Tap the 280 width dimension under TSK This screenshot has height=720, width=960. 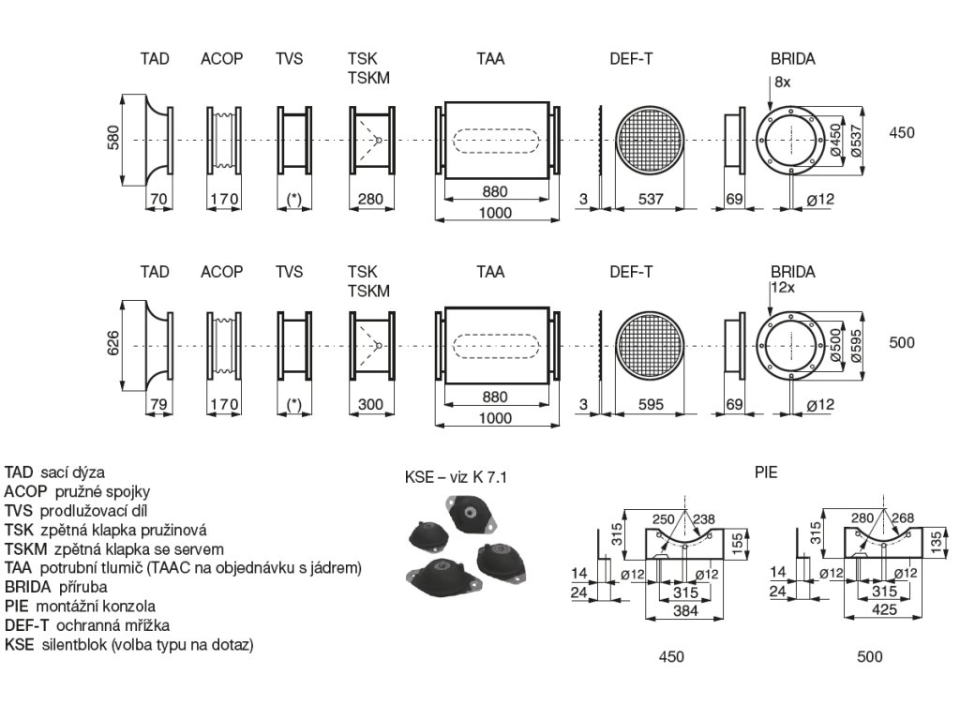tap(371, 200)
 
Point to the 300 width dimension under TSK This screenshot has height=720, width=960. tap(371, 405)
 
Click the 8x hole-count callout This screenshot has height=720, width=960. tap(783, 82)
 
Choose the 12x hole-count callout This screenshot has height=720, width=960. tap(782, 287)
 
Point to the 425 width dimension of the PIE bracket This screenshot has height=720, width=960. tap(870, 610)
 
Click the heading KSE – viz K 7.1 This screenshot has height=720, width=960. tap(455, 477)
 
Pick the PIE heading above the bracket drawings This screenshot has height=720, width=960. tap(766, 472)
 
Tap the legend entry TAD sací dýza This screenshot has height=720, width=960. tap(54, 472)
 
